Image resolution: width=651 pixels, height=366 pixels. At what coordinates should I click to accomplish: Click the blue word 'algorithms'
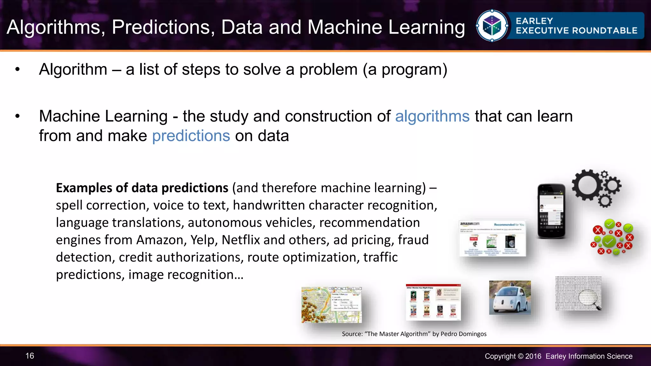(432, 116)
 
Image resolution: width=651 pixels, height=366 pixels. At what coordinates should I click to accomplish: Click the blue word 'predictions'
(191, 136)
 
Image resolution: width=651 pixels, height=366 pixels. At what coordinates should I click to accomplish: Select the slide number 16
(30, 356)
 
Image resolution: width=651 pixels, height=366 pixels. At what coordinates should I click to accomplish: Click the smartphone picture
(551, 211)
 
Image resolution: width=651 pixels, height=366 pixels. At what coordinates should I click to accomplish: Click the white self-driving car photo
(510, 298)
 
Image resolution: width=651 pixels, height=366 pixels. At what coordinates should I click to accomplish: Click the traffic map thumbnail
(332, 305)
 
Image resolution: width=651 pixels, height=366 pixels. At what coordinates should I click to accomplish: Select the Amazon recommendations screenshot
(492, 238)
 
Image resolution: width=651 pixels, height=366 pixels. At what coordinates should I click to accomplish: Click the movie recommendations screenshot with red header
(433, 302)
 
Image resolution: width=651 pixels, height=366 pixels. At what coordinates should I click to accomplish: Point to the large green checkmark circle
(609, 242)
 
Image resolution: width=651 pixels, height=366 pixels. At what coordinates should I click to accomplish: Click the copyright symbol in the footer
(520, 356)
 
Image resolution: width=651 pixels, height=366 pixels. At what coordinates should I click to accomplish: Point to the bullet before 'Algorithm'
(17, 70)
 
